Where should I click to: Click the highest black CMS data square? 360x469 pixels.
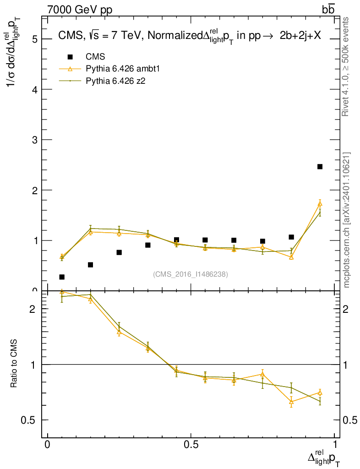click(320, 167)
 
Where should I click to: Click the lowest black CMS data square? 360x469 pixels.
click(62, 277)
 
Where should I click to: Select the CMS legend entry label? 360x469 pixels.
click(96, 57)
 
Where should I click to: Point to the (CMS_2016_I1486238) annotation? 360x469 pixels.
click(191, 274)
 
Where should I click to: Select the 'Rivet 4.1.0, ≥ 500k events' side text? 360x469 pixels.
click(347, 66)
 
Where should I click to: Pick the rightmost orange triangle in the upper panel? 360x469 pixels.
click(320, 203)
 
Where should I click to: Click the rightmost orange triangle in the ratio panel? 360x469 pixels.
click(320, 393)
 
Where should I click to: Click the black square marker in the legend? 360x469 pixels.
click(70, 57)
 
